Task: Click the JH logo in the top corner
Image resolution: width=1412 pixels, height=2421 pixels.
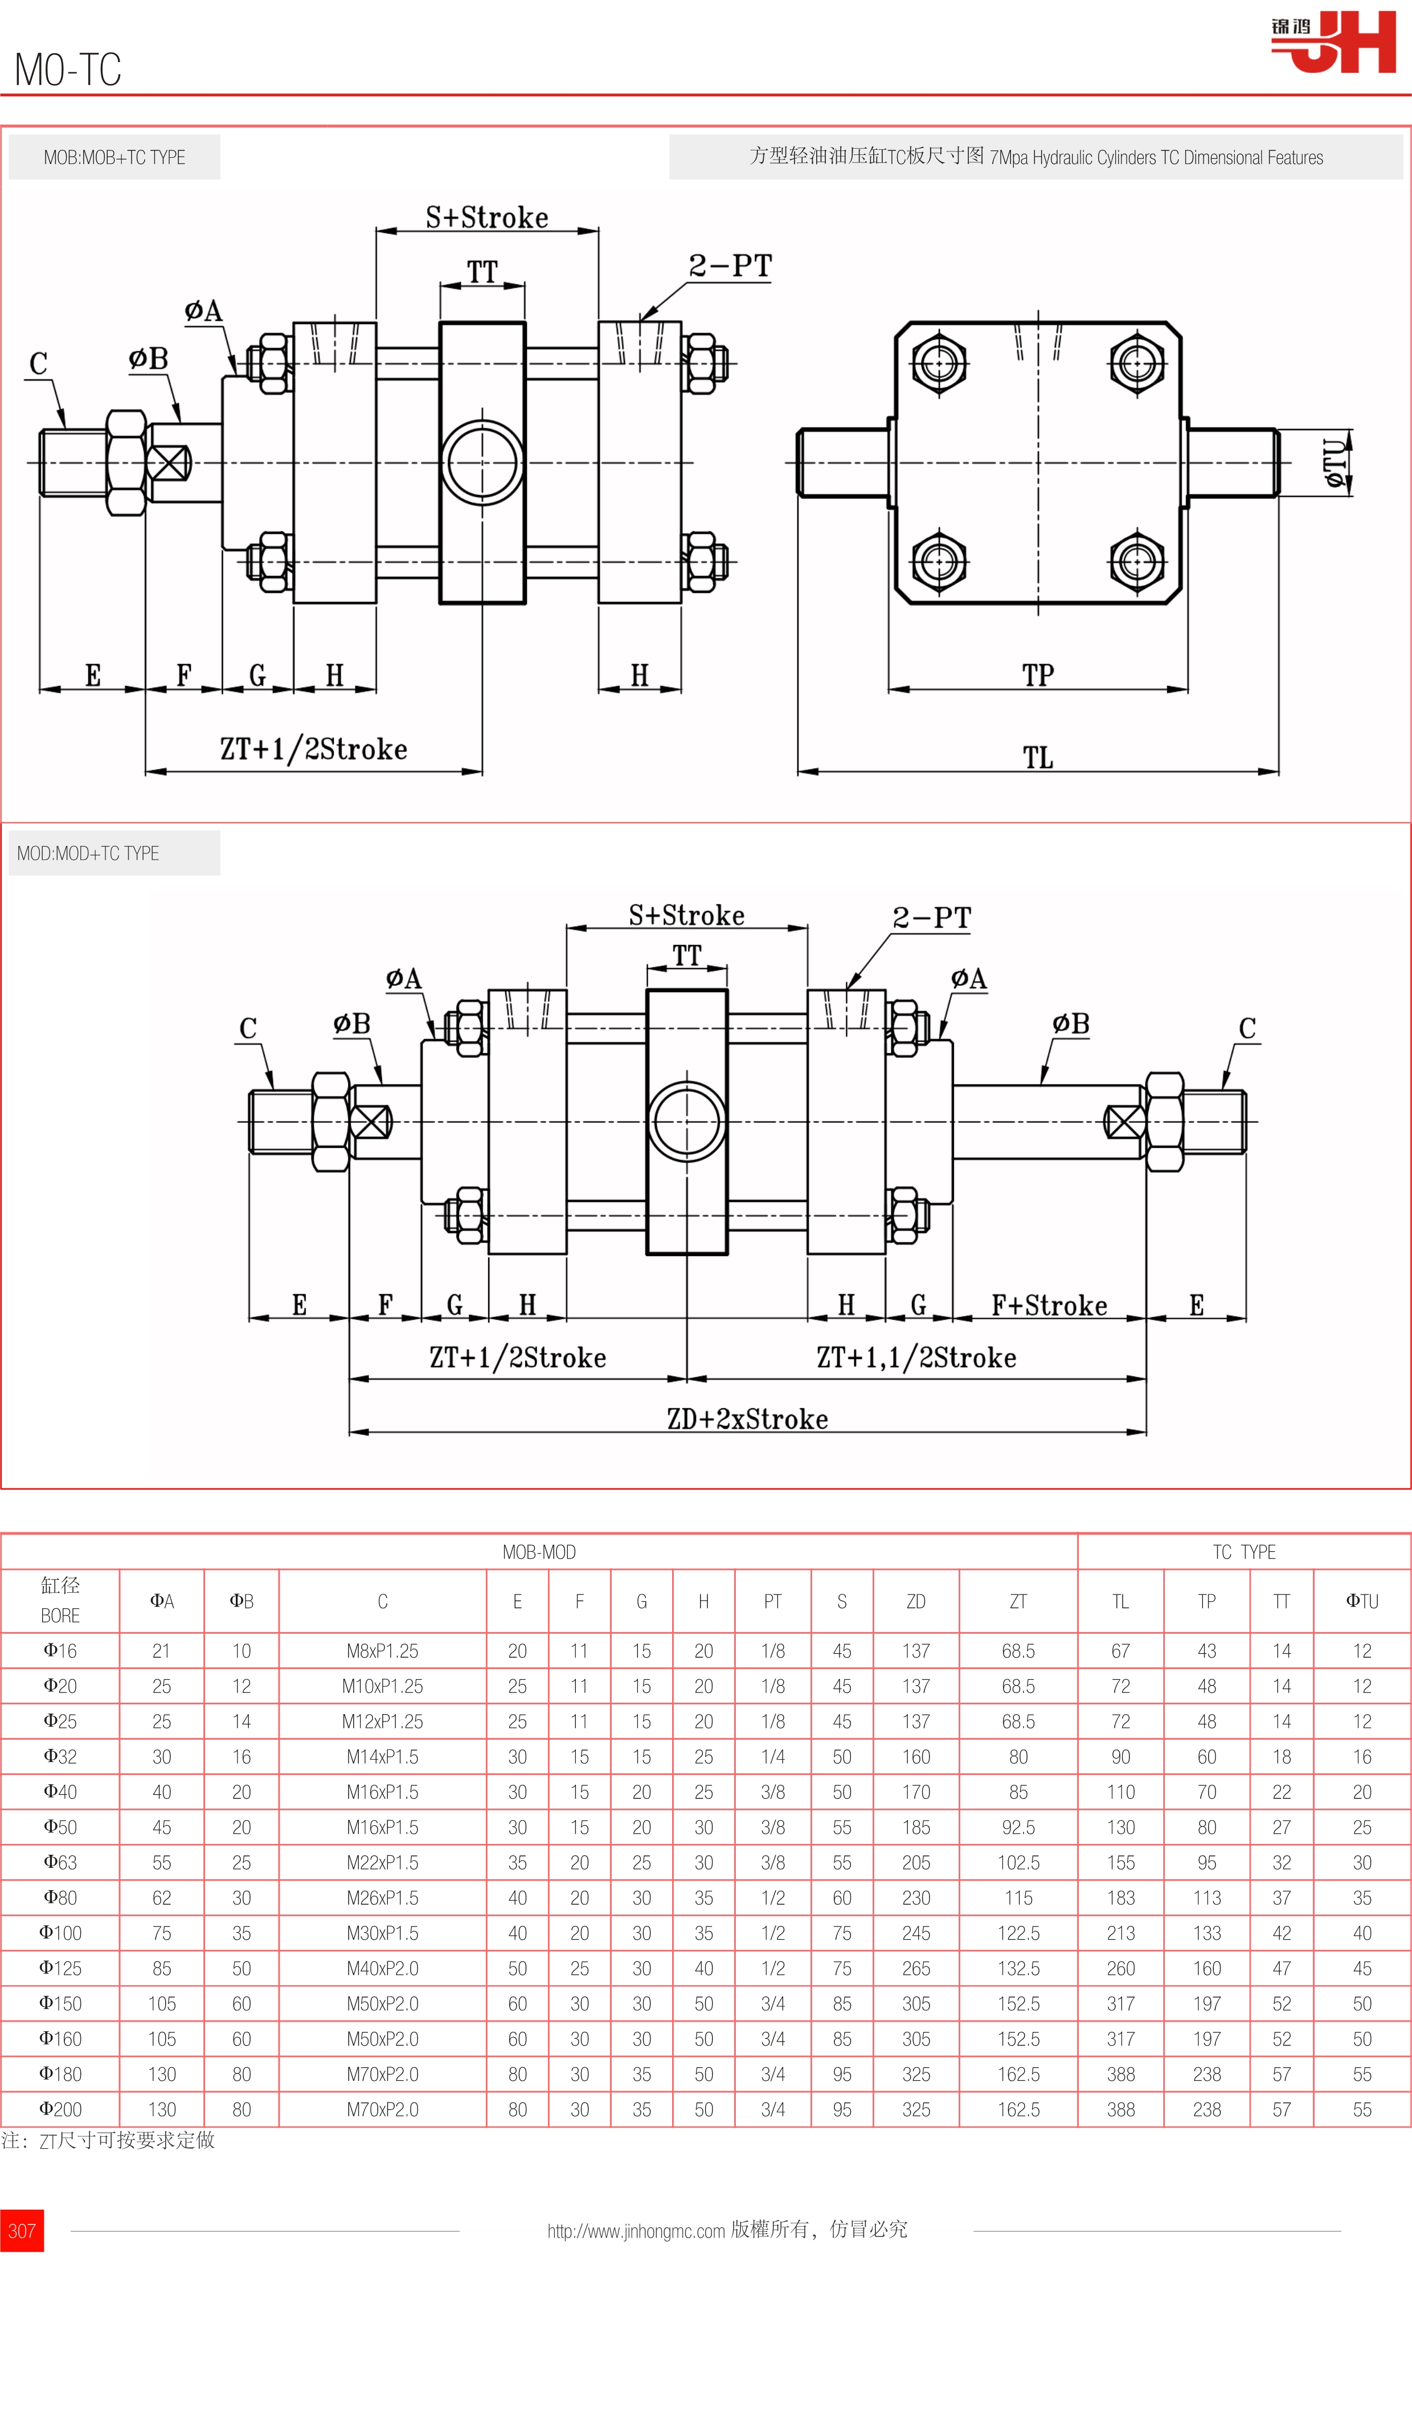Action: tap(1335, 42)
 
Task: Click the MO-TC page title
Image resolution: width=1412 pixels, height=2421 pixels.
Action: tap(67, 69)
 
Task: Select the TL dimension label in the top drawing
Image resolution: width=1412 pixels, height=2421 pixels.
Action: tap(1037, 757)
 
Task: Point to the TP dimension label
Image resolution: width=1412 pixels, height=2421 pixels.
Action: tap(1037, 674)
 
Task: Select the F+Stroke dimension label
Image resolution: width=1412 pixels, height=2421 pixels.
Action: tap(1049, 1304)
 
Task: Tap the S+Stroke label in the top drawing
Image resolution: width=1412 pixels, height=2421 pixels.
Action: tap(487, 217)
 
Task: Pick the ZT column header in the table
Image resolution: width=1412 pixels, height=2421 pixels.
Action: tap(1018, 1601)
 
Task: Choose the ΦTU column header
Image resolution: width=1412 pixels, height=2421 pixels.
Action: tap(1361, 1601)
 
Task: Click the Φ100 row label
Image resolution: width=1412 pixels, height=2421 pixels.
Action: tap(60, 1933)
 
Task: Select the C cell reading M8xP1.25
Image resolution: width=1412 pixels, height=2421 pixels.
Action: tap(382, 1650)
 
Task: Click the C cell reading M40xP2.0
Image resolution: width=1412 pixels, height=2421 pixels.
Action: tap(382, 1969)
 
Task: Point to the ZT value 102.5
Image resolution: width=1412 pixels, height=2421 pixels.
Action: tap(1018, 1862)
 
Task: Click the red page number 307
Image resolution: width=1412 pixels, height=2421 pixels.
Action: tap(21, 2231)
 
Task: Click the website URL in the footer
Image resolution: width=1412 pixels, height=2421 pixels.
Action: tap(636, 2231)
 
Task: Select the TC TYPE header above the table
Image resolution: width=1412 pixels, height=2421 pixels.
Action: tap(1244, 1552)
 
